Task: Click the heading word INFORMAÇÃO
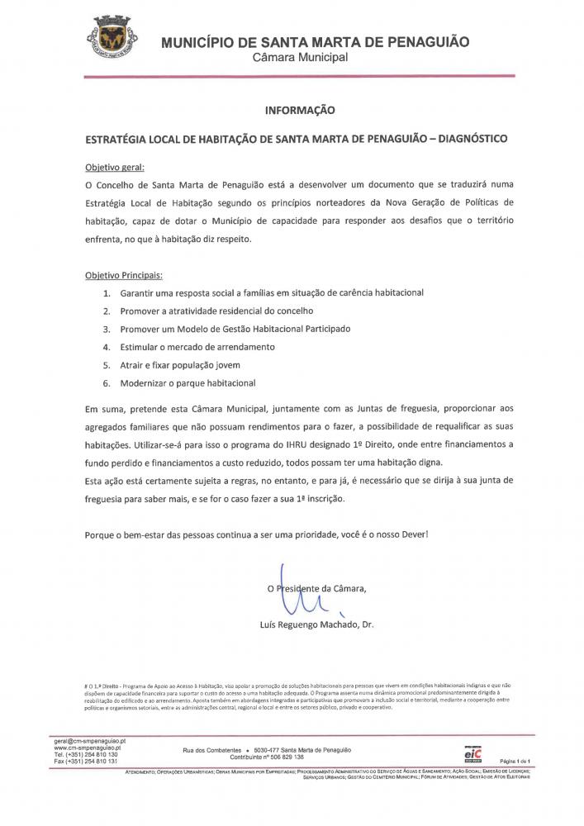tap(299, 108)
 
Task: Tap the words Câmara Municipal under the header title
tap(301, 57)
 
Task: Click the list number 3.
tap(106, 329)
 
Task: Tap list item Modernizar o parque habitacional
tap(188, 382)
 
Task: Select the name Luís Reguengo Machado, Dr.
tap(316, 624)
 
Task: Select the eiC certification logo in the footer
tap(472, 752)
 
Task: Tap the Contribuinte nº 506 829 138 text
tap(267, 756)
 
